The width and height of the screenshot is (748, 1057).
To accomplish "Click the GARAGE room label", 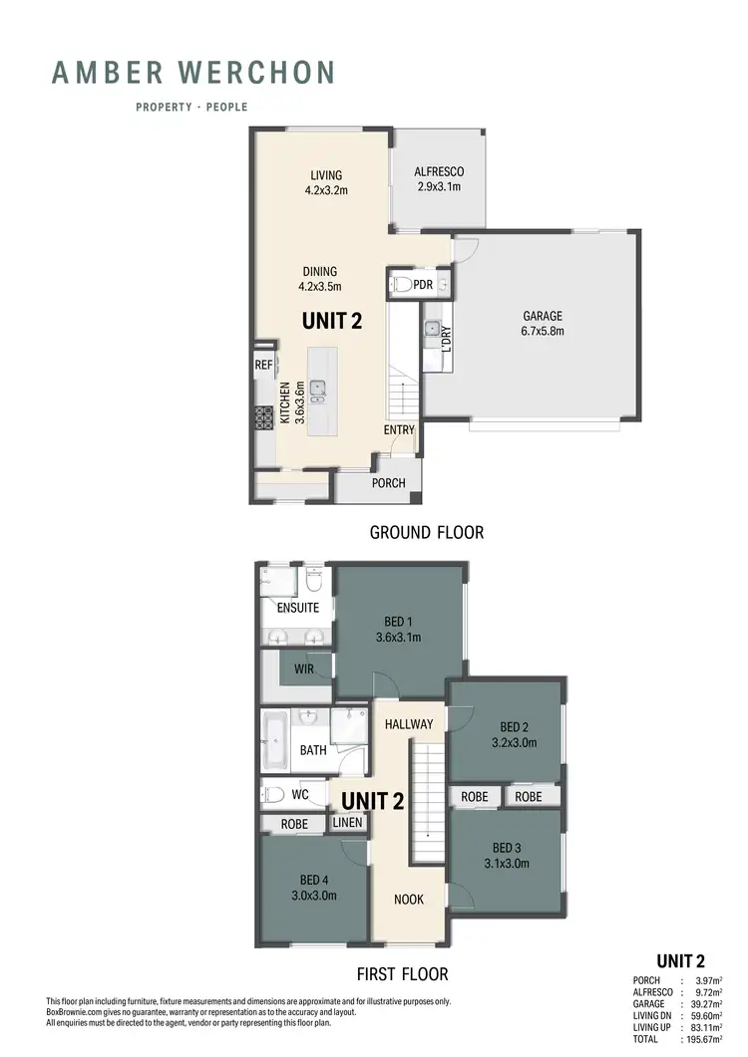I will click(x=545, y=317).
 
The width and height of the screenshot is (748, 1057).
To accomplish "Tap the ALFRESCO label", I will click(x=439, y=171).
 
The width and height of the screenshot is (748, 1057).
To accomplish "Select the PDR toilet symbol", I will click(x=402, y=285).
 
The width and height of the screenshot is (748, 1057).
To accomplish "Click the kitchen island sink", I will click(x=317, y=390).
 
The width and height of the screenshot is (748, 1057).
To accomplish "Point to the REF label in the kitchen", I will click(x=263, y=366).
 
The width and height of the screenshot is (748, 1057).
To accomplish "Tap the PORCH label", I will click(x=388, y=483).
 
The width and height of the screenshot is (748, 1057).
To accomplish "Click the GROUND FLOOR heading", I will click(x=427, y=533).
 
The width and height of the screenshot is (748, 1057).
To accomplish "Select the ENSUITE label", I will click(x=298, y=607).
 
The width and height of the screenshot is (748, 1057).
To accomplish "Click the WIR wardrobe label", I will click(x=304, y=668).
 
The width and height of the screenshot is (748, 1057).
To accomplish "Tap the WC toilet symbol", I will click(x=271, y=795).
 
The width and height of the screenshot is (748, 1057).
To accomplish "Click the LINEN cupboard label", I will click(x=348, y=823).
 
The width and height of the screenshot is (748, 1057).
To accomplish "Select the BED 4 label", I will click(x=313, y=880).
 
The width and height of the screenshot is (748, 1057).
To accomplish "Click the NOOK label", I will click(x=408, y=899).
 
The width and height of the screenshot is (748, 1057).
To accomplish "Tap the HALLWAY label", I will click(x=408, y=724).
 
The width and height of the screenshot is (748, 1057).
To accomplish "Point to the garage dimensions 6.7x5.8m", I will click(x=545, y=332).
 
